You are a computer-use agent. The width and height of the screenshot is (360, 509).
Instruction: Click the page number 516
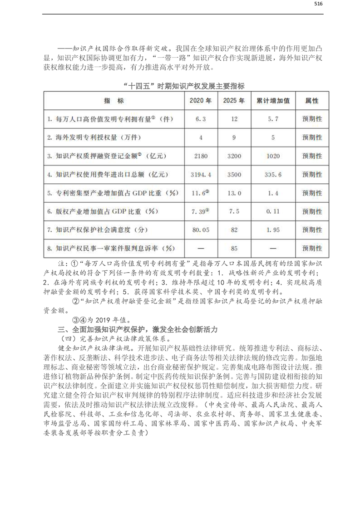(318, 5)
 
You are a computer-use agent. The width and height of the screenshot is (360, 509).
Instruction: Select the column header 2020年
(201, 101)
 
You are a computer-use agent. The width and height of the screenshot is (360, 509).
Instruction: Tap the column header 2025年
(234, 101)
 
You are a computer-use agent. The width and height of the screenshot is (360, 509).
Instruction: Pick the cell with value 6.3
(201, 119)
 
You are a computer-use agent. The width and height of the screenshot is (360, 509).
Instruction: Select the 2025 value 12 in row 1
(234, 119)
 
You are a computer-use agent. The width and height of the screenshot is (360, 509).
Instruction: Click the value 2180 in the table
(201, 156)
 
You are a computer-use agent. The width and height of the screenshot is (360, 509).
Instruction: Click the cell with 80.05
(201, 230)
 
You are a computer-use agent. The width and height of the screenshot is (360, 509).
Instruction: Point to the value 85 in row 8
(234, 249)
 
